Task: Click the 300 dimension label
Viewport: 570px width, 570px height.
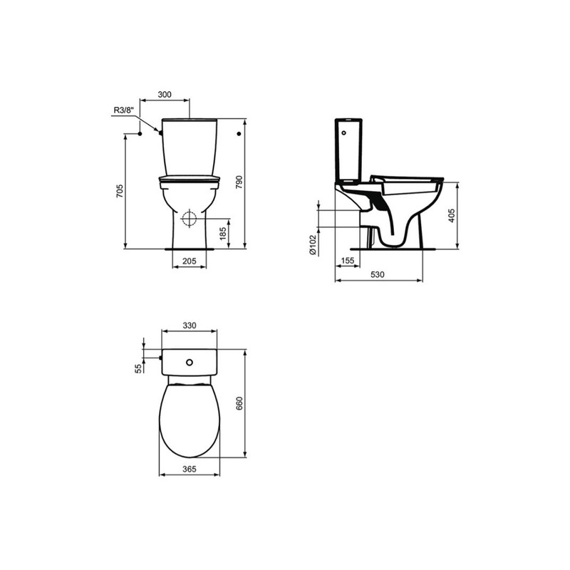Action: tap(165, 95)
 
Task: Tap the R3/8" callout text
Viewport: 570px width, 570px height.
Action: tap(124, 110)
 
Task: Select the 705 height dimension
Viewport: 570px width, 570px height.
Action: tap(120, 191)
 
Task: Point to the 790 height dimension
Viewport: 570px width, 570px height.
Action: tap(239, 182)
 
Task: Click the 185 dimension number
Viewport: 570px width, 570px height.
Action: tap(224, 232)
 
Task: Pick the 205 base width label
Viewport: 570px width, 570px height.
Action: tap(189, 261)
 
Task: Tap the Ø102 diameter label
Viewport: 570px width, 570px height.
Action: tap(313, 244)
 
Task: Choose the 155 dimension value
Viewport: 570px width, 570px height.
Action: tap(347, 260)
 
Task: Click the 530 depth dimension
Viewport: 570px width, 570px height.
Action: tap(378, 274)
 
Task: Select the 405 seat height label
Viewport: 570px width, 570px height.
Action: tap(452, 216)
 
